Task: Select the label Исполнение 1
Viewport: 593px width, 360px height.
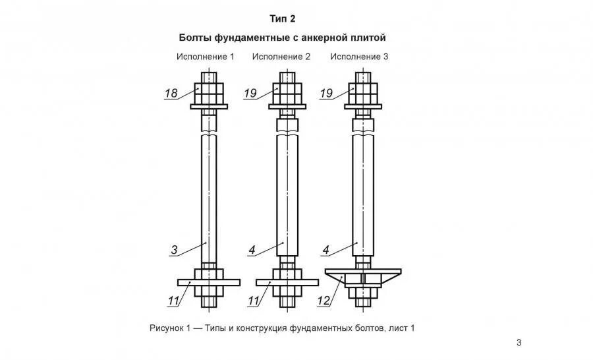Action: click(205, 57)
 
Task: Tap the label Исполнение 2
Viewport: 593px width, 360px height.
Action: click(281, 57)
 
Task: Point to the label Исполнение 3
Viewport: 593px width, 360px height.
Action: click(359, 57)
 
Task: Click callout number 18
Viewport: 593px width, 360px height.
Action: click(171, 94)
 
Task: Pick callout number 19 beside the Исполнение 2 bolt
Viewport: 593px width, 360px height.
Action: click(250, 94)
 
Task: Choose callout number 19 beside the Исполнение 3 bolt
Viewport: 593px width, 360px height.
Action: click(326, 94)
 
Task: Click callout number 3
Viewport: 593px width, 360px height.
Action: click(174, 250)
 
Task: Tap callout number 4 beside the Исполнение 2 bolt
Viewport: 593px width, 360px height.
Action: click(252, 250)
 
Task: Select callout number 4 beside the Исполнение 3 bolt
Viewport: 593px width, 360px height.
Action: click(326, 250)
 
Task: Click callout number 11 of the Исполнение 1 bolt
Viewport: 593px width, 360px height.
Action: click(173, 302)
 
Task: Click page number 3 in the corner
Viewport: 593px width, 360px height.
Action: click(519, 342)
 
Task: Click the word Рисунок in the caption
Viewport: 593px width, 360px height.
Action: click(166, 328)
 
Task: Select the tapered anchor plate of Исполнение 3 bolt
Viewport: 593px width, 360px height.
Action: click(389, 272)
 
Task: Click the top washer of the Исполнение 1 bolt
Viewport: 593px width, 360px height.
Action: click(209, 106)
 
